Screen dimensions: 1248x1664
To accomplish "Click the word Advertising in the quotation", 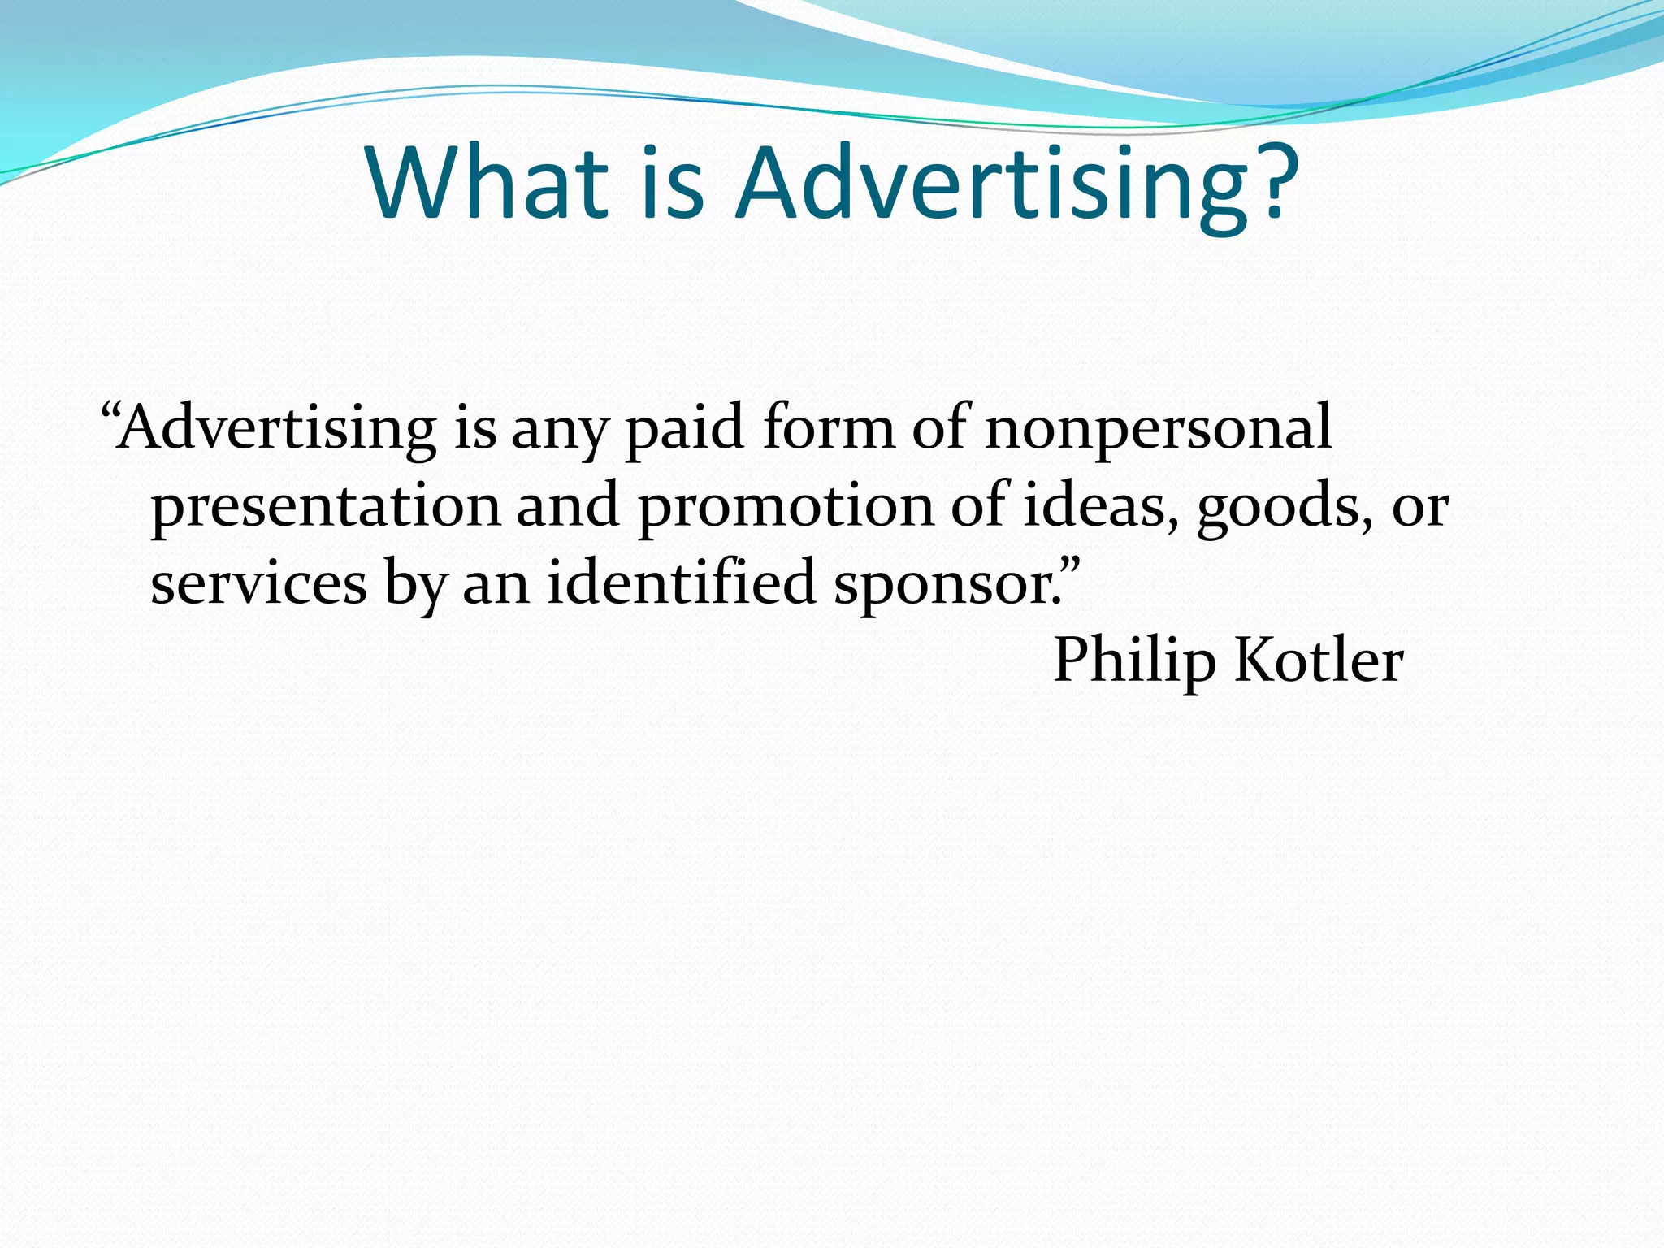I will point(275,428).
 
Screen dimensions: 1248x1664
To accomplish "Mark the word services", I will point(258,583).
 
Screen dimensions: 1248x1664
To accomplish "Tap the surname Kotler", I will point(1319,659).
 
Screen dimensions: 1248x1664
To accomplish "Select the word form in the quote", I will point(828,427).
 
